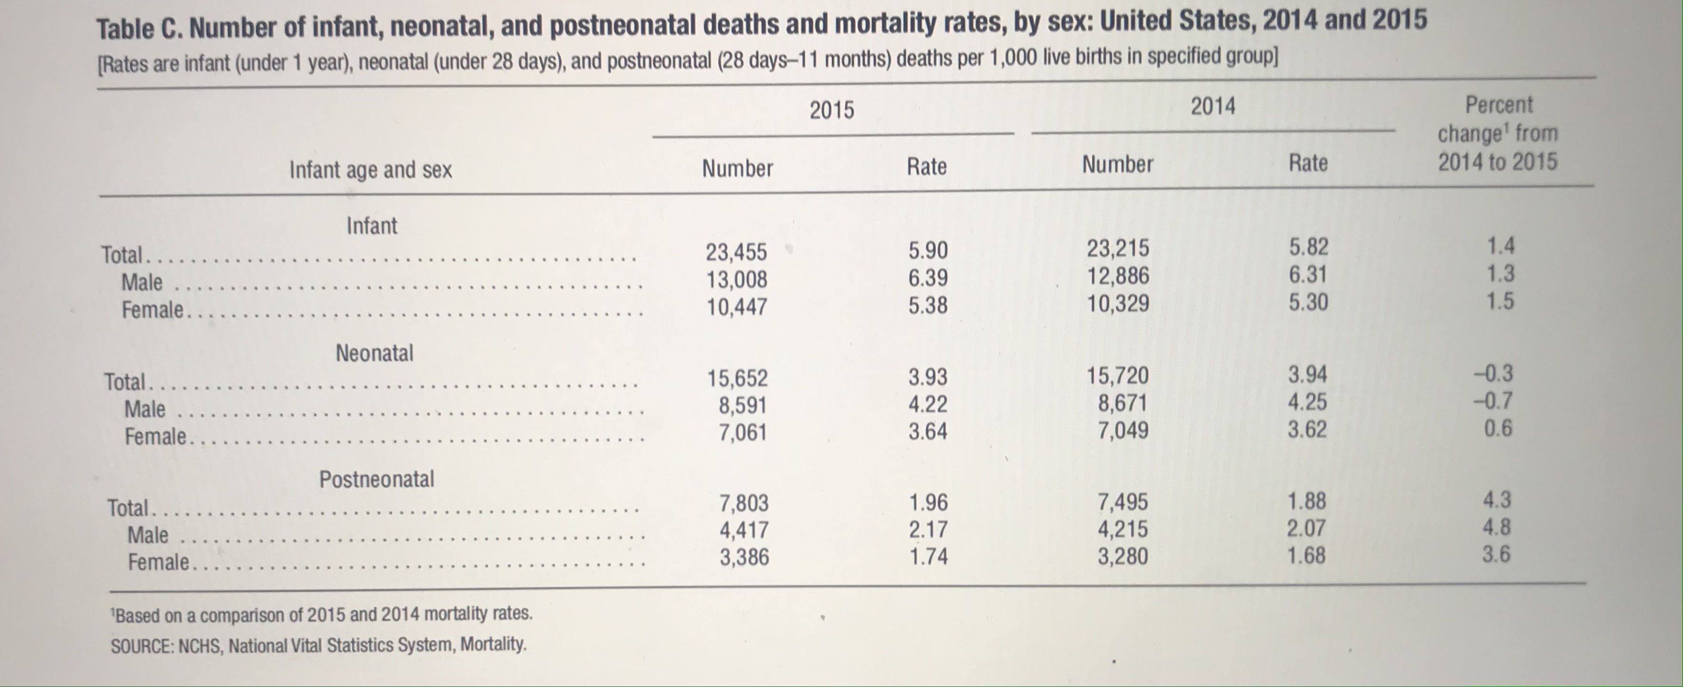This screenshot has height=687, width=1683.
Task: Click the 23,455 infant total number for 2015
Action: (x=736, y=252)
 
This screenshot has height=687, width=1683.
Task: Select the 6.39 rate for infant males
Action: (x=928, y=278)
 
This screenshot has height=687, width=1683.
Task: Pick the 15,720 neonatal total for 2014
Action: (x=1118, y=376)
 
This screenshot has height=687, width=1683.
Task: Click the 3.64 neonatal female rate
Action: (x=928, y=431)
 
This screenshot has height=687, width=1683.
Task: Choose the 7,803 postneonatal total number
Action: (x=744, y=503)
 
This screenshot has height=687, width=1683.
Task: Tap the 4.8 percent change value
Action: (x=1496, y=527)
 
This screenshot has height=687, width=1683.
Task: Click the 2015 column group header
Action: (x=832, y=110)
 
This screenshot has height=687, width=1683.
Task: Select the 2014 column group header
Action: (x=1213, y=106)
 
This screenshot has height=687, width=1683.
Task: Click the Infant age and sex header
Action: (x=370, y=170)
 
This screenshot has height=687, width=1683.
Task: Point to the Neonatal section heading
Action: (x=374, y=353)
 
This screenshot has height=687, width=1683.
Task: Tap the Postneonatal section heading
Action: (x=377, y=479)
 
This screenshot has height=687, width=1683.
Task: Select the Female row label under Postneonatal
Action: (x=158, y=562)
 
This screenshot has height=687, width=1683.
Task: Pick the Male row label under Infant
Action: (x=142, y=282)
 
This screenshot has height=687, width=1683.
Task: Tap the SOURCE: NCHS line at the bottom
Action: (x=318, y=645)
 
